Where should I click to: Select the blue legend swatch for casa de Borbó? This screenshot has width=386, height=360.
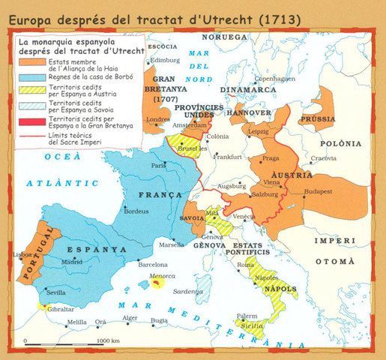pos(32,76)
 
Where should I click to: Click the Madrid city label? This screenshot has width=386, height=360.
pos(72,262)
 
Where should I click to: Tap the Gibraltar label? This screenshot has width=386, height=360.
pos(60,308)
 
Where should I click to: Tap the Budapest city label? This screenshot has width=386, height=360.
pos(323,191)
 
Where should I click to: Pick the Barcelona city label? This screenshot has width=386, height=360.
pos(153,264)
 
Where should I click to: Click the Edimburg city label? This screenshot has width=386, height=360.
pos(166,60)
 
